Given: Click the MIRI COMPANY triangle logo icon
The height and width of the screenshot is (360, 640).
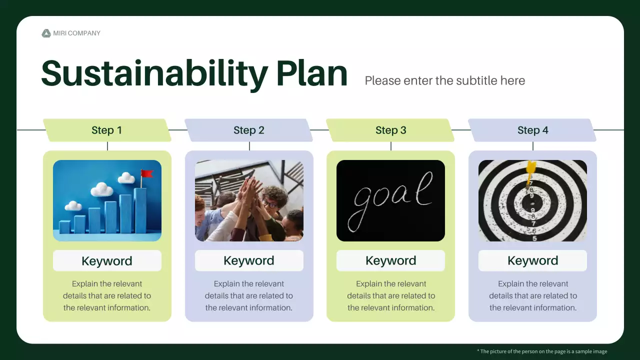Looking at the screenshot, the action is click(x=46, y=33).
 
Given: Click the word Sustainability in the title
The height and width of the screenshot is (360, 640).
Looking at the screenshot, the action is click(x=154, y=74).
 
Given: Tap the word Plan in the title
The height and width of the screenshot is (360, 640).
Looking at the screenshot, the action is click(x=311, y=73).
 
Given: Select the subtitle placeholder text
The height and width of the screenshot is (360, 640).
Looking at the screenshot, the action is click(x=445, y=80).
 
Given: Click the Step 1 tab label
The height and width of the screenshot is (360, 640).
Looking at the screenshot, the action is click(x=107, y=130).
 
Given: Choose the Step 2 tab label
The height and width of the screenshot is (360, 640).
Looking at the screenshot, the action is click(x=249, y=130).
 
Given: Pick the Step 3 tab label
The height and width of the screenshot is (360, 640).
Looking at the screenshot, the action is click(x=390, y=130).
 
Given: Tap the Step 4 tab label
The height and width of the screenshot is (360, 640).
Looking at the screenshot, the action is click(x=532, y=130).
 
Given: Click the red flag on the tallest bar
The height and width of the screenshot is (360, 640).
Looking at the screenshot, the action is click(x=147, y=173).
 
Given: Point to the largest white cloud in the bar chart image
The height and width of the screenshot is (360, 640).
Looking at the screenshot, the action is click(x=101, y=189).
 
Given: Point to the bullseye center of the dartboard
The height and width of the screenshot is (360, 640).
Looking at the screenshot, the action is click(x=532, y=203).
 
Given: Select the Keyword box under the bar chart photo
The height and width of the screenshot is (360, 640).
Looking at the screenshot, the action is click(x=107, y=260).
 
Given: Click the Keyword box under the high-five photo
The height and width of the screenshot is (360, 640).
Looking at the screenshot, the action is click(x=249, y=260).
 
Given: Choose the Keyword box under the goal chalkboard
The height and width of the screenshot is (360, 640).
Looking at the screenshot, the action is click(x=390, y=260).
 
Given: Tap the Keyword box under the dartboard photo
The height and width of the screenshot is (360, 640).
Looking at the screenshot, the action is click(x=532, y=260).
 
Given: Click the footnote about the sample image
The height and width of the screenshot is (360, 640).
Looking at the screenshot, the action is click(x=542, y=351).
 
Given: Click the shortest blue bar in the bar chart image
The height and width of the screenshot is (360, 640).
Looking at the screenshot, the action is click(x=64, y=227).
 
